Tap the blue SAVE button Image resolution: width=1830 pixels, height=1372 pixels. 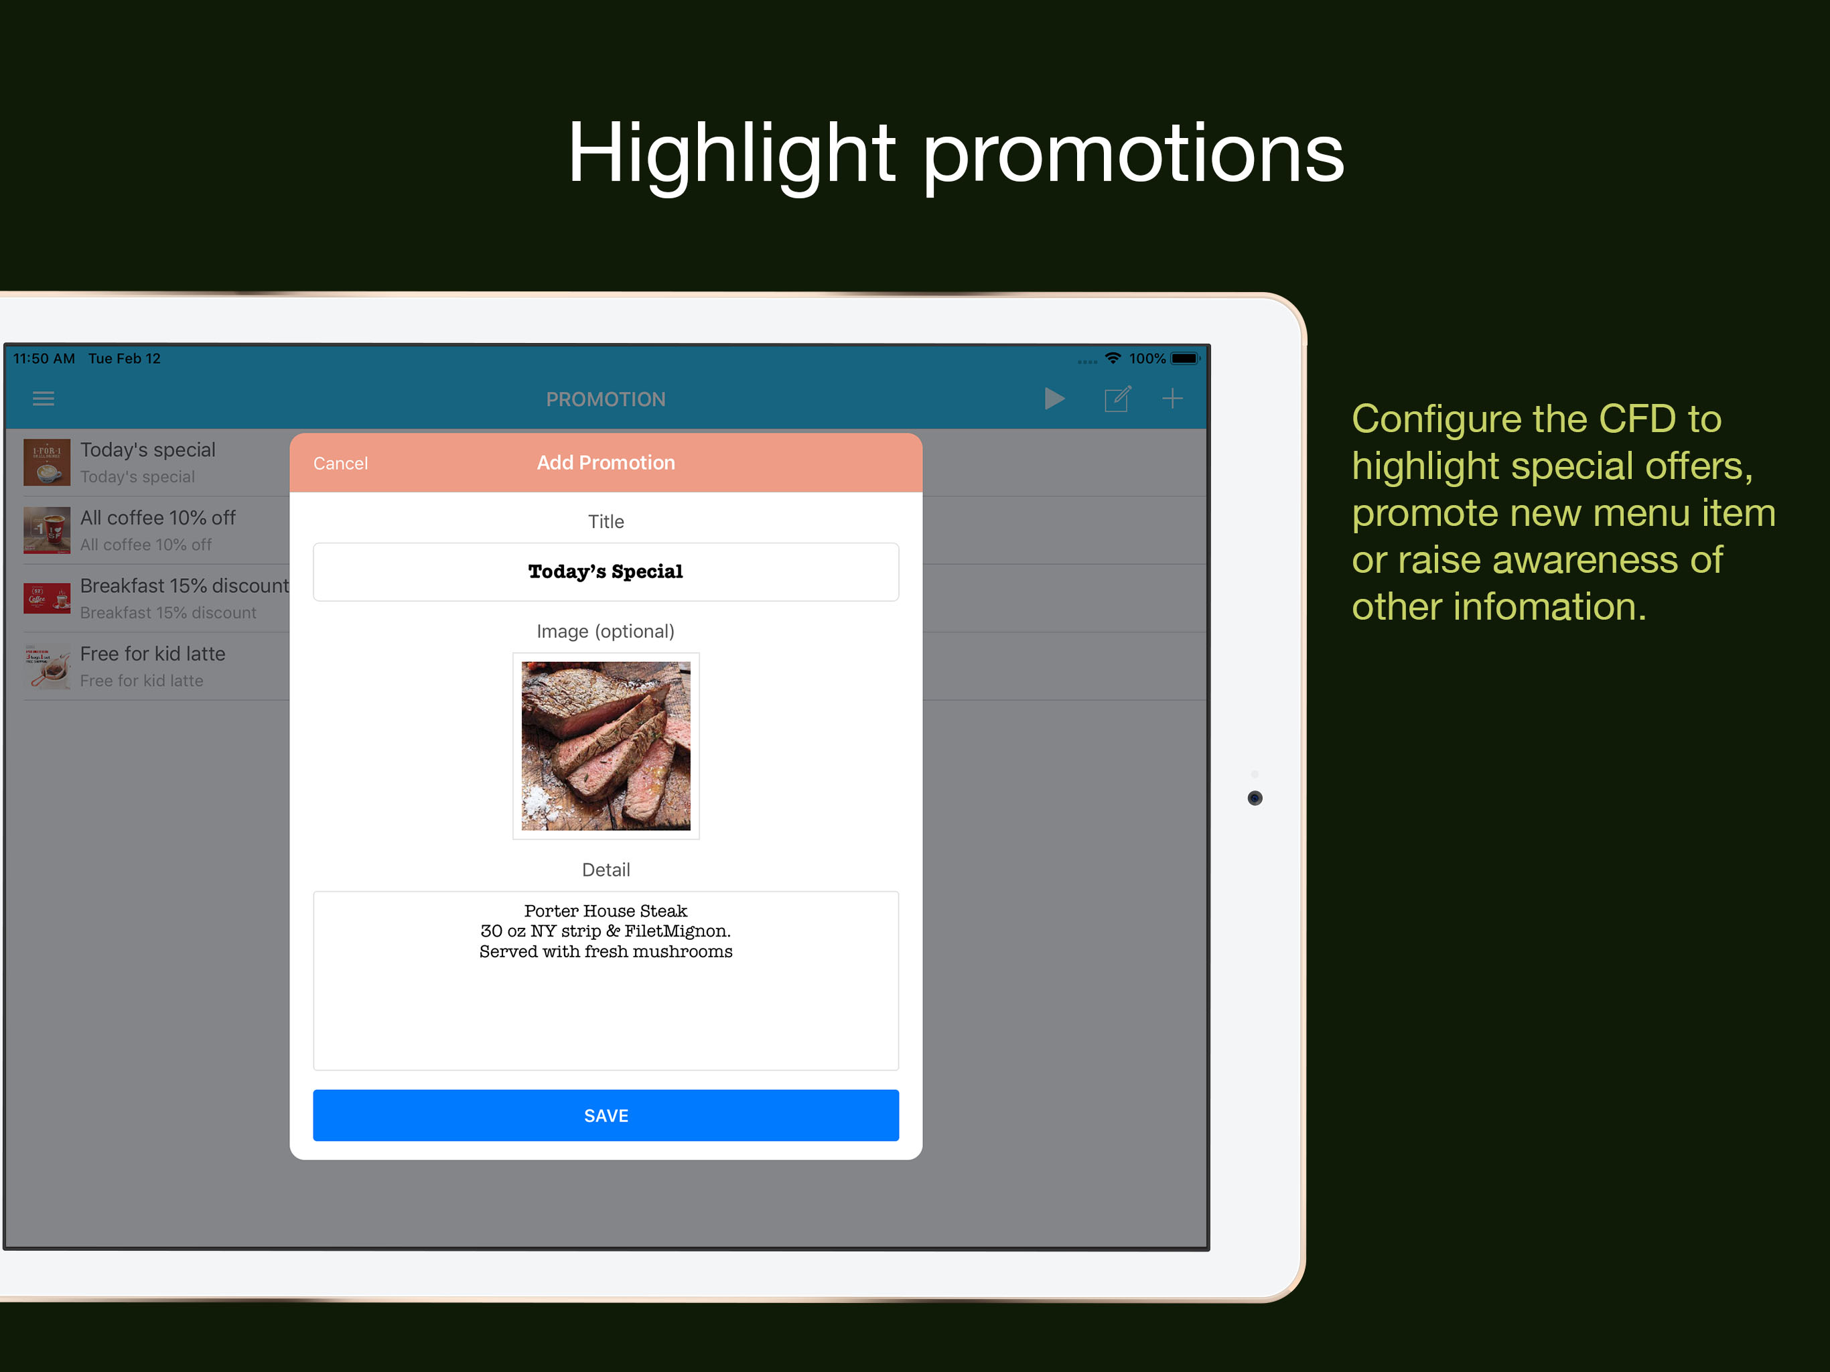(606, 1115)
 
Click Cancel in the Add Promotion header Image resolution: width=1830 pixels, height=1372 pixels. (340, 464)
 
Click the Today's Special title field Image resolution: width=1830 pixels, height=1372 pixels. (606, 572)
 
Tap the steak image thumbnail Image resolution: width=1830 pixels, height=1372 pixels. (606, 746)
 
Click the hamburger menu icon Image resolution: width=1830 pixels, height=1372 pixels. (43, 399)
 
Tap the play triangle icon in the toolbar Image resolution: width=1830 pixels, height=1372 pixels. (1054, 399)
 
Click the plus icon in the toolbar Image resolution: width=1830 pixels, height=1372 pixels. (1172, 399)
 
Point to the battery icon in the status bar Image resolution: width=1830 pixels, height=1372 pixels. (1186, 358)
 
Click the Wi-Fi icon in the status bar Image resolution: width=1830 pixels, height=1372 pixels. (1113, 358)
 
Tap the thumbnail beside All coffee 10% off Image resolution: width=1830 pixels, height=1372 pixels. (47, 531)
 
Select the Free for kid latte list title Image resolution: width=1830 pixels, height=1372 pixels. (153, 654)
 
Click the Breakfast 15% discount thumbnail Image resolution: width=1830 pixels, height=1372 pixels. (47, 598)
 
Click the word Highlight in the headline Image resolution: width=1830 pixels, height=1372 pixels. (731, 155)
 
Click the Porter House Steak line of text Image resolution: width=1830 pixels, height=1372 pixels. (606, 911)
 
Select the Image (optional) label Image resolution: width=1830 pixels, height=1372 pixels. (606, 631)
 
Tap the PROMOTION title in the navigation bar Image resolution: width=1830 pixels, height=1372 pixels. (606, 400)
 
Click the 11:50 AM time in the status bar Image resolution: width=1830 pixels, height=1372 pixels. (44, 358)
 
